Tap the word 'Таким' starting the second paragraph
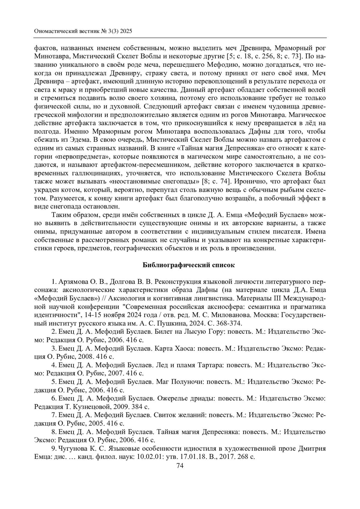60,215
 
